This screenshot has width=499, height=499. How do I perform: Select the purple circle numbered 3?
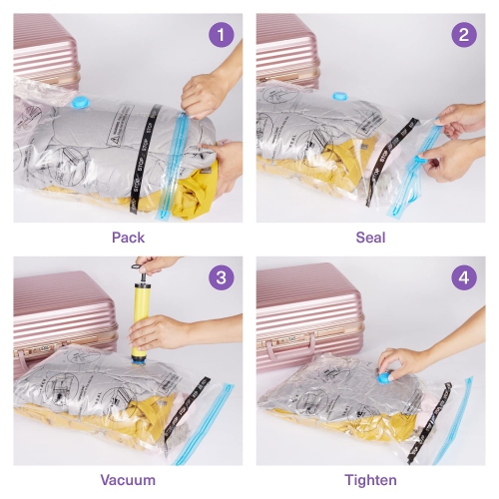pyautogui.click(x=222, y=277)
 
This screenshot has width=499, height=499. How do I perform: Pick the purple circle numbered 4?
pyautogui.click(x=463, y=277)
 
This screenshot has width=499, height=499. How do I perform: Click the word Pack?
pyautogui.click(x=128, y=238)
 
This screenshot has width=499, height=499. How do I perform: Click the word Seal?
pyautogui.click(x=370, y=238)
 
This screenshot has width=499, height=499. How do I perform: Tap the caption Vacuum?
pyautogui.click(x=128, y=480)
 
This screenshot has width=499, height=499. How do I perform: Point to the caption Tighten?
pyautogui.click(x=370, y=480)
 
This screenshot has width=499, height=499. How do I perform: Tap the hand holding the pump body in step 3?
pyautogui.click(x=165, y=333)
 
